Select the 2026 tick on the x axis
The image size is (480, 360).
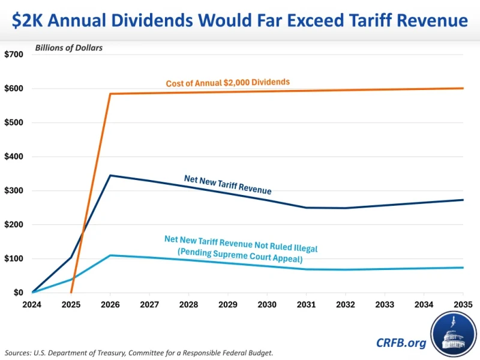point(110,304)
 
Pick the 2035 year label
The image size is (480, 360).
point(463,304)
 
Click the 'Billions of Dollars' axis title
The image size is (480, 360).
point(68,48)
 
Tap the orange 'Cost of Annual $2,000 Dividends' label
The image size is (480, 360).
point(228,83)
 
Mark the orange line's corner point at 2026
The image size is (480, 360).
point(110,94)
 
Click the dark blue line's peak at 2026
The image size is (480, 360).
point(110,175)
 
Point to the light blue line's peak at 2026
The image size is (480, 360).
point(110,256)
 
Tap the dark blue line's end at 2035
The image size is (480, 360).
point(463,200)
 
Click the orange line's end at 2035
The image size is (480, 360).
point(463,88)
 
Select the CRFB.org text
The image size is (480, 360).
point(402,343)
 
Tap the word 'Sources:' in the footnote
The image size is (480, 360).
point(18,352)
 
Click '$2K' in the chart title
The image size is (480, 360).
point(30,20)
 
